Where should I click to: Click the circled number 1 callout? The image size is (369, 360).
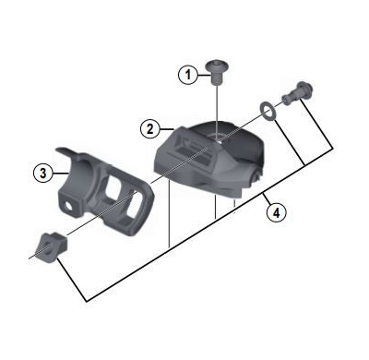[x=189, y=75]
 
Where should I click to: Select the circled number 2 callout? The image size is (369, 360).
[x=149, y=128]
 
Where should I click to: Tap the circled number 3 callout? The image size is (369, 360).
[x=42, y=172]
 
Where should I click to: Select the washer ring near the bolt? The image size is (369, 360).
[x=266, y=113]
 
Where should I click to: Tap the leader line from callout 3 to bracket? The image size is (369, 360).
[x=56, y=173]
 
